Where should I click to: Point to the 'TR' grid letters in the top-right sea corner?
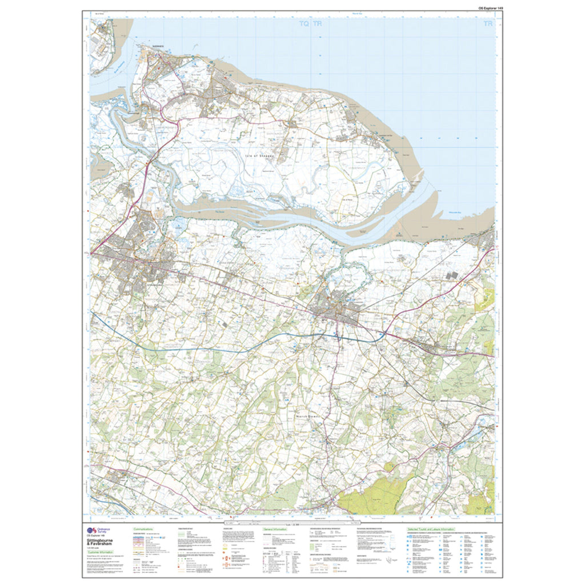[487, 25]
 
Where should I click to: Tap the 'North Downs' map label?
[309, 416]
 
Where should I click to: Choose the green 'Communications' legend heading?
[144, 530]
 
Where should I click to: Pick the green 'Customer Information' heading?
[101, 553]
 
